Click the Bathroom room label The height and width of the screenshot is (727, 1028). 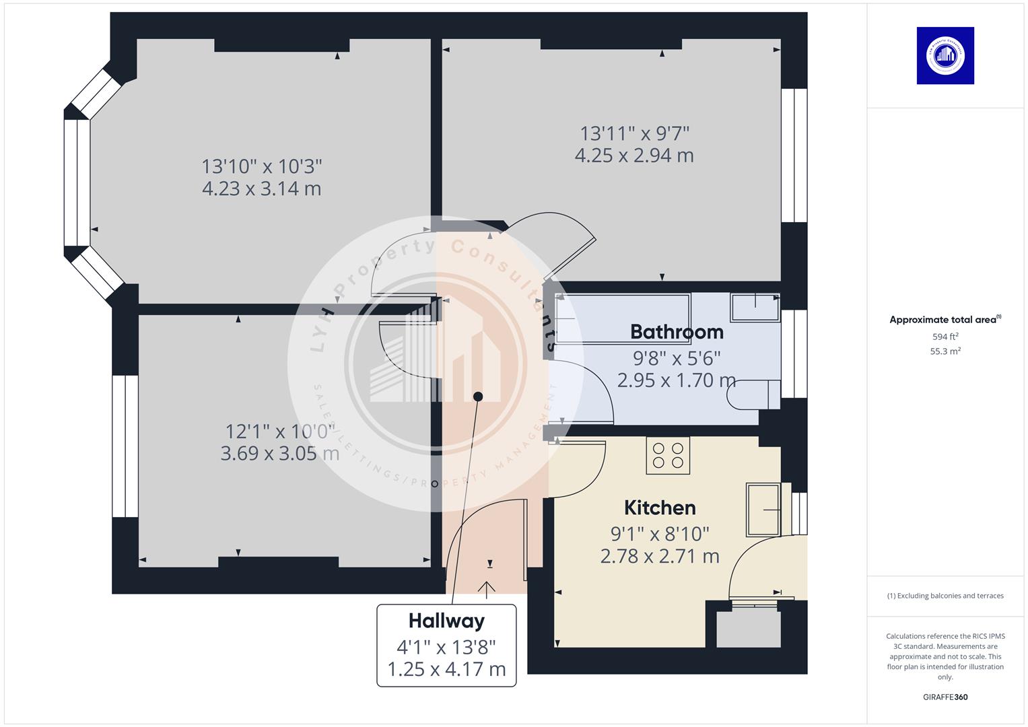(x=677, y=332)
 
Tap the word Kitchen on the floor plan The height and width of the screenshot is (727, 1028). (x=660, y=508)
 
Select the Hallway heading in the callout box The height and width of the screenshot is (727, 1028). (x=446, y=621)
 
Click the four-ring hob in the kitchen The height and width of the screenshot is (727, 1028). (x=668, y=455)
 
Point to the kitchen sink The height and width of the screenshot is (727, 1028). (x=763, y=509)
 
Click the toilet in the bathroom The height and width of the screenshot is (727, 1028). (x=754, y=394)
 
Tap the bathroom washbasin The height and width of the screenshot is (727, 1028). (x=755, y=307)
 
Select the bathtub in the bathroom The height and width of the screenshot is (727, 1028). (x=622, y=318)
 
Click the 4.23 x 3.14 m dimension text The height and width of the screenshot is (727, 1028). (x=261, y=188)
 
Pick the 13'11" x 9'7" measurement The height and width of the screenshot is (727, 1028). (x=635, y=133)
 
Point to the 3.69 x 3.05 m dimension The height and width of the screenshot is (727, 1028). (x=279, y=453)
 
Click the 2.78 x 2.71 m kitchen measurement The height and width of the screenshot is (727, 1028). (x=660, y=556)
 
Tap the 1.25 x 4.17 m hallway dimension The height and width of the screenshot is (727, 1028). (x=446, y=669)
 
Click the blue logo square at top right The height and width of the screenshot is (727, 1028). (x=945, y=56)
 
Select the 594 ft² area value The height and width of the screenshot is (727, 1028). (x=945, y=337)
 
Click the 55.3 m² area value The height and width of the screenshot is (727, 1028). (x=945, y=351)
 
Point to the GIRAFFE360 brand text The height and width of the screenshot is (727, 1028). (x=945, y=697)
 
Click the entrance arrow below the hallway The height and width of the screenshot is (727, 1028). (x=487, y=589)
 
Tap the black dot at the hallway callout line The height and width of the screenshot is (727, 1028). (x=478, y=396)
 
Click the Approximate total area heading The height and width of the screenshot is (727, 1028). (x=944, y=320)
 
